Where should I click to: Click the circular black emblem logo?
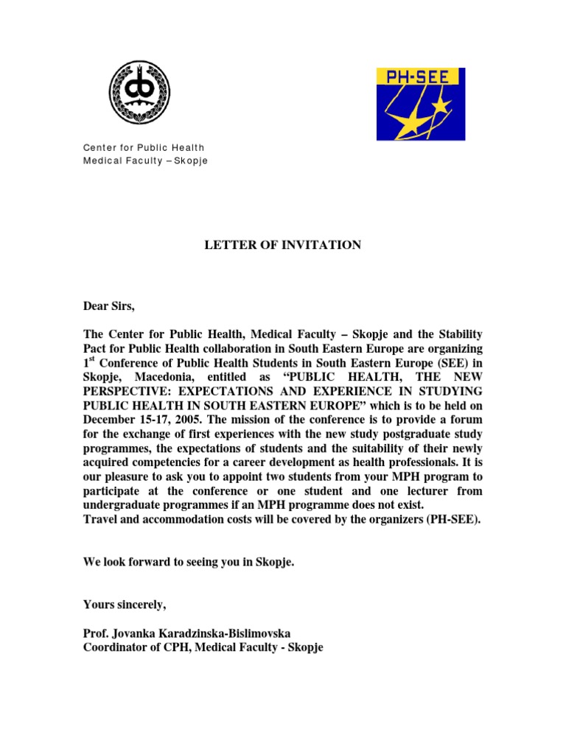tap(139, 93)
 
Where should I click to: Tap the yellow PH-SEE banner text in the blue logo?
tap(419, 77)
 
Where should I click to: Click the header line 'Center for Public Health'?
tap(143, 148)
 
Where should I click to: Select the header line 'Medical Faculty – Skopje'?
tap(145, 161)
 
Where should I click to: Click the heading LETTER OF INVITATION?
tap(282, 244)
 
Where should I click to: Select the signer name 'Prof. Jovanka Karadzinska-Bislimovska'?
tap(191, 633)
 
